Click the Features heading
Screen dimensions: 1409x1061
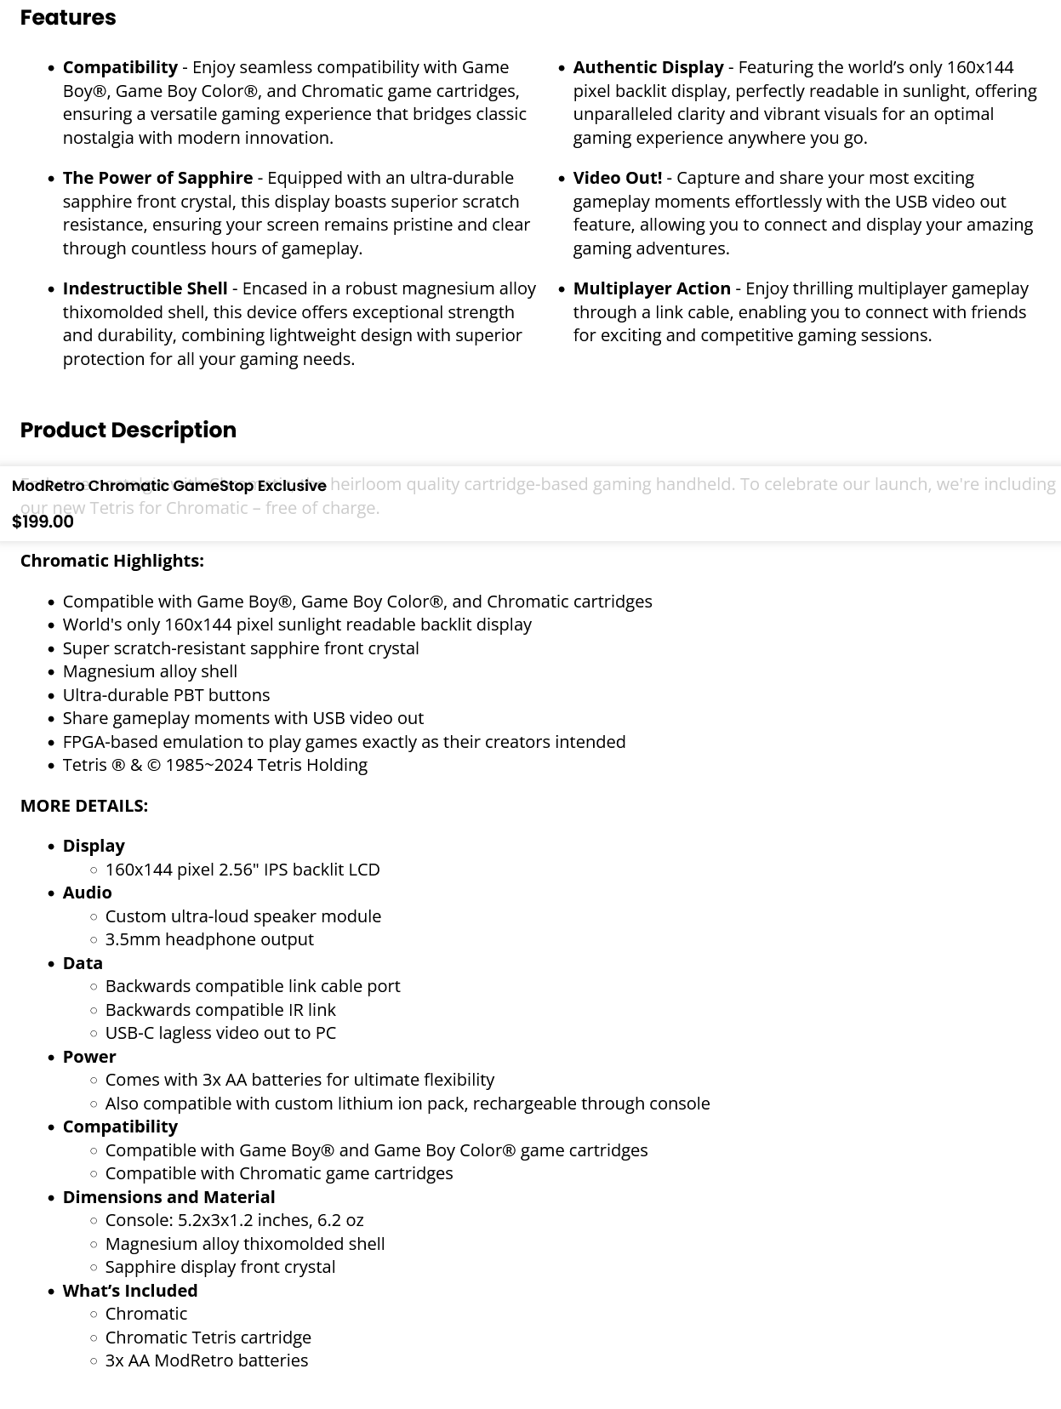pyautogui.click(x=68, y=18)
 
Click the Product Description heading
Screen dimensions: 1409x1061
pyautogui.click(x=128, y=430)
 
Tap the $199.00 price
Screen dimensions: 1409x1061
pyautogui.click(x=43, y=522)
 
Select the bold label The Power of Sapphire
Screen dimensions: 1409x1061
pyautogui.click(x=157, y=178)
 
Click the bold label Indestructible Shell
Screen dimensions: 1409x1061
pyautogui.click(x=145, y=288)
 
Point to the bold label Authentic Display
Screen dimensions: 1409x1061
pyautogui.click(x=647, y=67)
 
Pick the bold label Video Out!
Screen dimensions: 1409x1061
pyautogui.click(x=617, y=178)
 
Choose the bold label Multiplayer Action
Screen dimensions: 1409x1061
pyautogui.click(x=651, y=288)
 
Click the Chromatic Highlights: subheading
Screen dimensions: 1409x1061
pyautogui.click(x=111, y=561)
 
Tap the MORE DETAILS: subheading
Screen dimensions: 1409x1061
pyautogui.click(x=83, y=806)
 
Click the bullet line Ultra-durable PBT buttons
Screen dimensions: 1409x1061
pyautogui.click(x=166, y=695)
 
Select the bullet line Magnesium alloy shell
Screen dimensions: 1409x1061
pyautogui.click(x=150, y=671)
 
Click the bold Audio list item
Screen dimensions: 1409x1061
pyautogui.click(x=87, y=893)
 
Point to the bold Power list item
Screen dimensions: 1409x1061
pyautogui.click(x=88, y=1057)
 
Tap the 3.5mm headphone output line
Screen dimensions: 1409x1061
pyautogui.click(x=209, y=939)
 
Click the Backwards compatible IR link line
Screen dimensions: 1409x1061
pyautogui.click(x=220, y=1010)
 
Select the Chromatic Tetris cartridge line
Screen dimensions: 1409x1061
pyautogui.click(x=208, y=1338)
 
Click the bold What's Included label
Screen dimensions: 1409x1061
pyautogui.click(x=129, y=1291)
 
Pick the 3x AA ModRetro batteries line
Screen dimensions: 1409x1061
pyautogui.click(x=206, y=1361)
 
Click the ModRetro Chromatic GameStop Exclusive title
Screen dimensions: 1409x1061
pyautogui.click(x=168, y=486)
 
